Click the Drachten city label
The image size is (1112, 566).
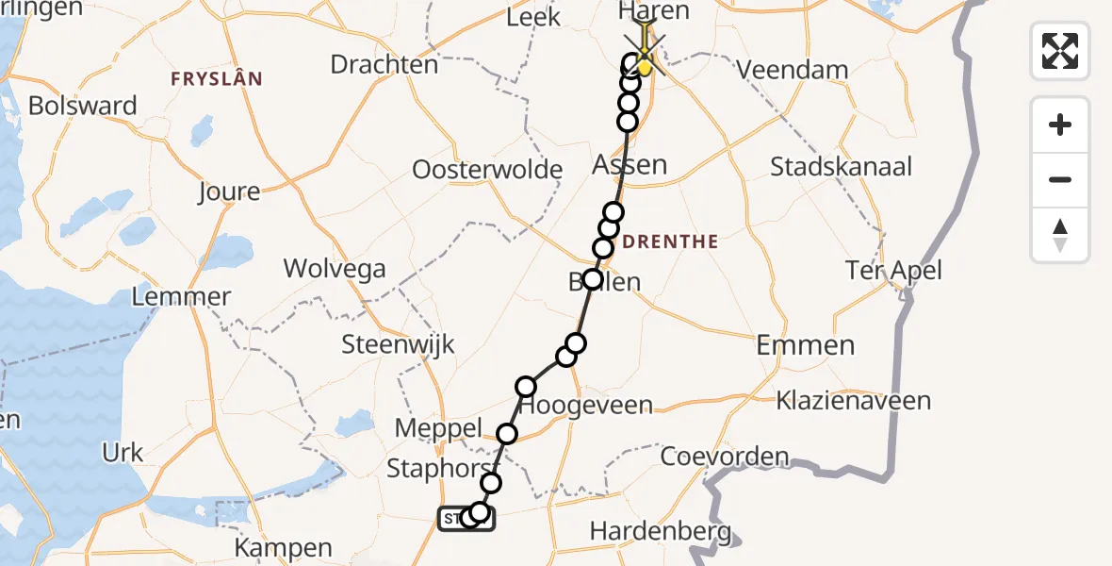(384, 64)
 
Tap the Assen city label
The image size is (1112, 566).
(630, 165)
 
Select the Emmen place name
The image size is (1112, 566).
(806, 345)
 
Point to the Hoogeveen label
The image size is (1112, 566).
(586, 406)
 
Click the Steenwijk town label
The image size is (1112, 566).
(399, 343)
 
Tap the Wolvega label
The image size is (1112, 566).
(335, 269)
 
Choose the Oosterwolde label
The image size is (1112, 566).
(487, 171)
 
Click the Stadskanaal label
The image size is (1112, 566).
(842, 167)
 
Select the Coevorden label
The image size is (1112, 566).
(725, 458)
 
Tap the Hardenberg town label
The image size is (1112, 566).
(660, 532)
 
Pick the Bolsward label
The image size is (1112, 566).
(83, 106)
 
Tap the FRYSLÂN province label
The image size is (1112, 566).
(216, 78)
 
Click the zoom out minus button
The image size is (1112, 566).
(1060, 179)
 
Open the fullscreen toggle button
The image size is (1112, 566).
(1060, 51)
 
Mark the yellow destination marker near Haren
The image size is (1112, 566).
(645, 66)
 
